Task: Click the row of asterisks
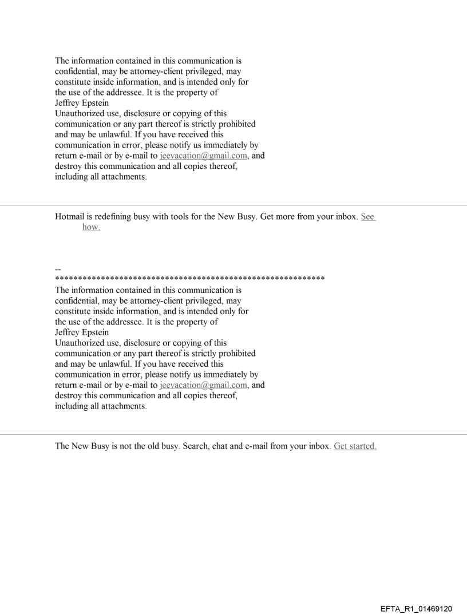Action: tap(189, 279)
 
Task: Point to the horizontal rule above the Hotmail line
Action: tap(233, 205)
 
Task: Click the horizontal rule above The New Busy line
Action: tap(233, 434)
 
